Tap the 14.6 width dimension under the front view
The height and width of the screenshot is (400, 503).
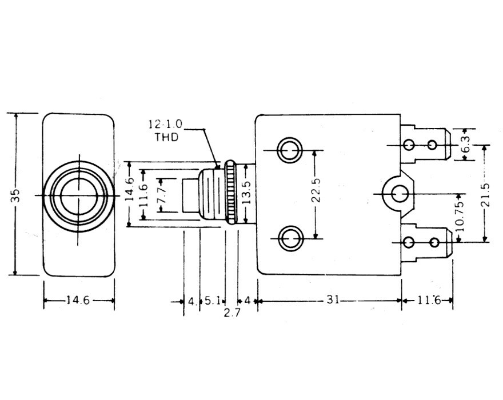(x=78, y=301)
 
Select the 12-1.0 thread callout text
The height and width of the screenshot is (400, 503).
(x=165, y=124)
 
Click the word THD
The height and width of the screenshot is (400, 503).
(x=166, y=137)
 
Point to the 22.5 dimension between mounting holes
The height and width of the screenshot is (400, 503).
(x=316, y=190)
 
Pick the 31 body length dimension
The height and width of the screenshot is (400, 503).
(x=333, y=299)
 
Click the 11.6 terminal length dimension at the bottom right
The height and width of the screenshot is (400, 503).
(x=429, y=300)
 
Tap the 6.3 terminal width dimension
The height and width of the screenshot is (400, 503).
(x=466, y=144)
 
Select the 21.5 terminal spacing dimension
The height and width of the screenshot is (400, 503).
(x=486, y=194)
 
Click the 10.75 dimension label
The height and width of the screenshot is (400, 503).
(x=460, y=217)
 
